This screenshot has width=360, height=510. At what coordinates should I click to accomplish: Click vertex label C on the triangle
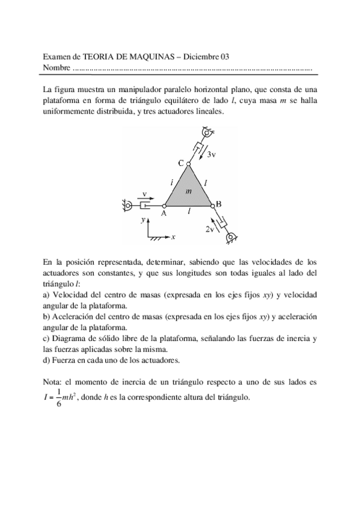point(181,162)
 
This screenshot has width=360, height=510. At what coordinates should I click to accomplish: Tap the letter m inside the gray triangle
point(188,191)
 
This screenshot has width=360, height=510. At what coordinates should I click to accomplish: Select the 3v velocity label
point(211,155)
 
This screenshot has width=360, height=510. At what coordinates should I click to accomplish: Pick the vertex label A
point(163,213)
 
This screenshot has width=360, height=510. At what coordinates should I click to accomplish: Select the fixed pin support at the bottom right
point(230,239)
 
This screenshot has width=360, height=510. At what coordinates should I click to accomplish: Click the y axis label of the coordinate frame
point(143,221)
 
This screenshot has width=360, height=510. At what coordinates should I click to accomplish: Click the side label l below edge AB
point(189,212)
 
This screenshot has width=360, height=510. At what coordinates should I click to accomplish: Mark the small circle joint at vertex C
point(188,163)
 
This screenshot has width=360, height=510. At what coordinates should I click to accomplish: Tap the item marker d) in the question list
point(47,360)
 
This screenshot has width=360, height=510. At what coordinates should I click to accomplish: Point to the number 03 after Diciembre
point(225,57)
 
